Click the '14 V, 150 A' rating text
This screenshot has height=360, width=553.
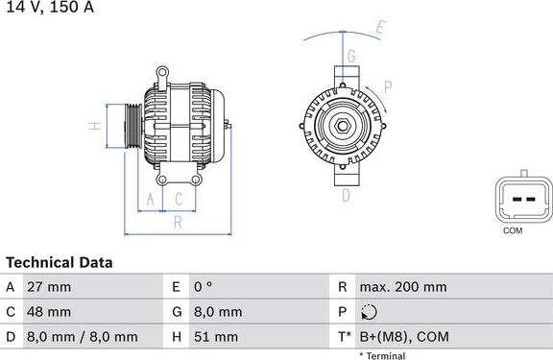47,8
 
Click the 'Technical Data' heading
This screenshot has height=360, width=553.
60,262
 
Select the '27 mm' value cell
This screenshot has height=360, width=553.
50,287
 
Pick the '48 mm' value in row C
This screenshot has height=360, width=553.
50,312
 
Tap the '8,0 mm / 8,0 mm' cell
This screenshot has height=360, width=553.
84,337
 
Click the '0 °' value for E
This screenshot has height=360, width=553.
204,287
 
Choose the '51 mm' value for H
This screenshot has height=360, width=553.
216,337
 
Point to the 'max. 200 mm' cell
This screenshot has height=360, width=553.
402,287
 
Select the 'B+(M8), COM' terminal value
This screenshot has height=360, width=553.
403,337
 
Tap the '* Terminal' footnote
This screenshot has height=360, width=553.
382,356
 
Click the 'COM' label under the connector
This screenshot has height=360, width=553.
513,231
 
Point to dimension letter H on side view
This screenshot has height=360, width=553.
93,126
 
